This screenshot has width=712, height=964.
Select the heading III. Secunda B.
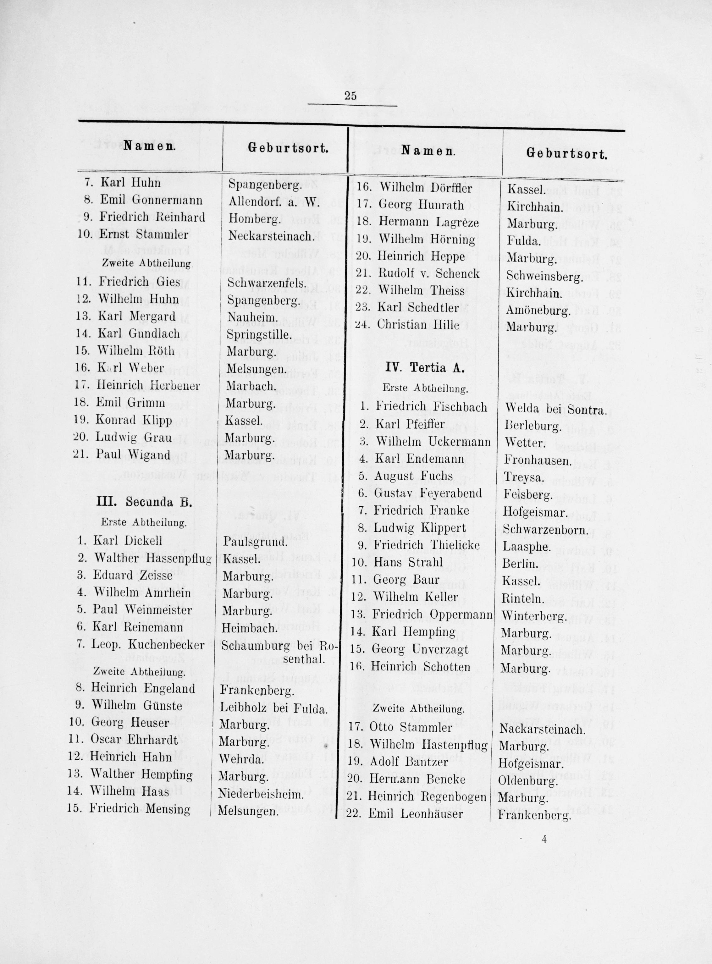click(x=144, y=502)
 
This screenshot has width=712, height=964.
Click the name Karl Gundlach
click(x=139, y=333)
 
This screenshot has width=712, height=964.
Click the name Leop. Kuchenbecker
click(x=147, y=645)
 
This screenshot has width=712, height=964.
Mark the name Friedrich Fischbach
click(x=431, y=406)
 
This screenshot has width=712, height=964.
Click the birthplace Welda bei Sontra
click(x=555, y=410)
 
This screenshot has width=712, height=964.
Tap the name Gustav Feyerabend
click(x=428, y=493)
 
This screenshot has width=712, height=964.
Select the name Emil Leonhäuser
click(x=416, y=814)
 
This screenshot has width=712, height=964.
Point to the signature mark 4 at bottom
click(x=545, y=839)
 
